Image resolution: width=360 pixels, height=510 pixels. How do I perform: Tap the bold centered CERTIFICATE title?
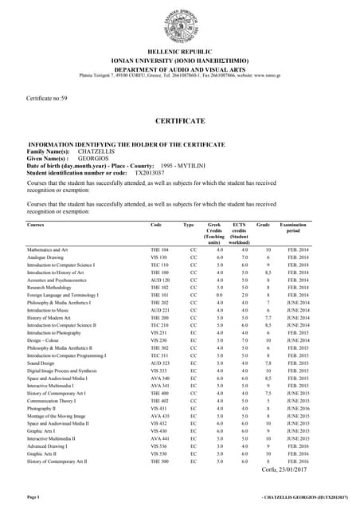pyautogui.click(x=180, y=121)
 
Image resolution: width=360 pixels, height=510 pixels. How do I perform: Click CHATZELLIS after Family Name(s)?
pyautogui.click(x=98, y=151)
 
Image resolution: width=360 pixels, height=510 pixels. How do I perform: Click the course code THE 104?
pyautogui.click(x=159, y=250)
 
